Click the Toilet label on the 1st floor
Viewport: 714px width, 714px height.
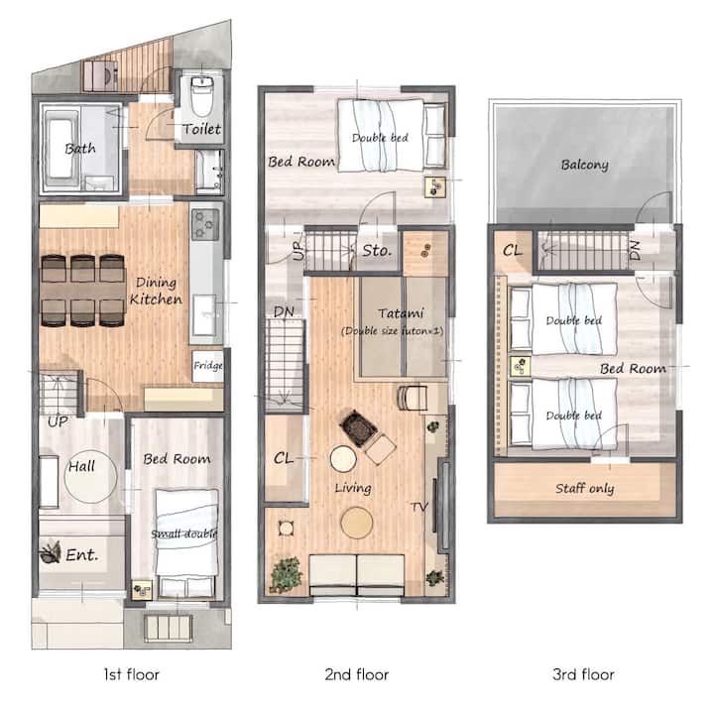[201, 129]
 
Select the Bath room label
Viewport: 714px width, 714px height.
[80, 149]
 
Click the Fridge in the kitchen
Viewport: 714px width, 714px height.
[207, 366]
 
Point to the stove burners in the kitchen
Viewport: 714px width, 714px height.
[205, 224]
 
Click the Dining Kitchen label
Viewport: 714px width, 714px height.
[156, 291]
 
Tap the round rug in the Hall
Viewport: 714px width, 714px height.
[90, 477]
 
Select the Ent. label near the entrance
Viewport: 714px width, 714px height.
[82, 555]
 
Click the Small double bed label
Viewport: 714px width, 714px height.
[184, 534]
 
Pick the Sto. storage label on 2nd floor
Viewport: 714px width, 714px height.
[377, 251]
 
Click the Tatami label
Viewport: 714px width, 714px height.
[401, 313]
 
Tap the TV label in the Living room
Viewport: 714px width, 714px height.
[419, 507]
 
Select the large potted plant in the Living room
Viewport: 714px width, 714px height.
[286, 575]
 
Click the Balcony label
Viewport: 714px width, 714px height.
[585, 165]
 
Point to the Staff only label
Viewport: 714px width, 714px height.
[585, 489]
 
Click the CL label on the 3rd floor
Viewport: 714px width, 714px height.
[513, 251]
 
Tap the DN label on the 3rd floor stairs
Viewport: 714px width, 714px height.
[636, 251]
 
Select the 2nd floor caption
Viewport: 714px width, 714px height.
[357, 674]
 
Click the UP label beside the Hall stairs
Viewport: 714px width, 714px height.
[58, 422]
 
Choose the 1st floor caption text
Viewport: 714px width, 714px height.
[132, 674]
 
